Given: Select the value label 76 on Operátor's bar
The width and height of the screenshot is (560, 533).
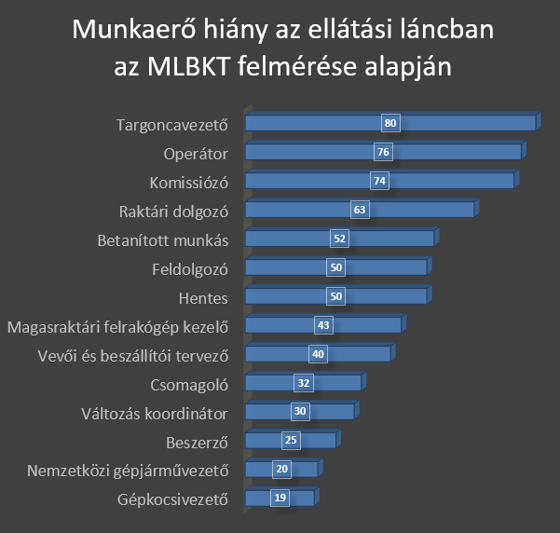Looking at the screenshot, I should click(383, 152).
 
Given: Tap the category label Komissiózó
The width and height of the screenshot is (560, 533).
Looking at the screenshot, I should click(189, 181).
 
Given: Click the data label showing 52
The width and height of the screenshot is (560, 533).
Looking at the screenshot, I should click(339, 239).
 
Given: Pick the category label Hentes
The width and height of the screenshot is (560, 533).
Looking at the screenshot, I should click(203, 297).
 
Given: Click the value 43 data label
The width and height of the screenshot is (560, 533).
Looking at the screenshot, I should click(323, 325).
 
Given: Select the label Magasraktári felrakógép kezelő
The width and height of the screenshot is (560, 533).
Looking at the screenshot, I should click(117, 326).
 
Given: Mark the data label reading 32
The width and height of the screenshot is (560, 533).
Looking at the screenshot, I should click(304, 383).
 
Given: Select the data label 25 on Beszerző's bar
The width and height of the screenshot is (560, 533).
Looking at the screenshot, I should click(291, 441).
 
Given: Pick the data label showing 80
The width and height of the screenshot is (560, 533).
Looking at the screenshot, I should click(390, 123).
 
